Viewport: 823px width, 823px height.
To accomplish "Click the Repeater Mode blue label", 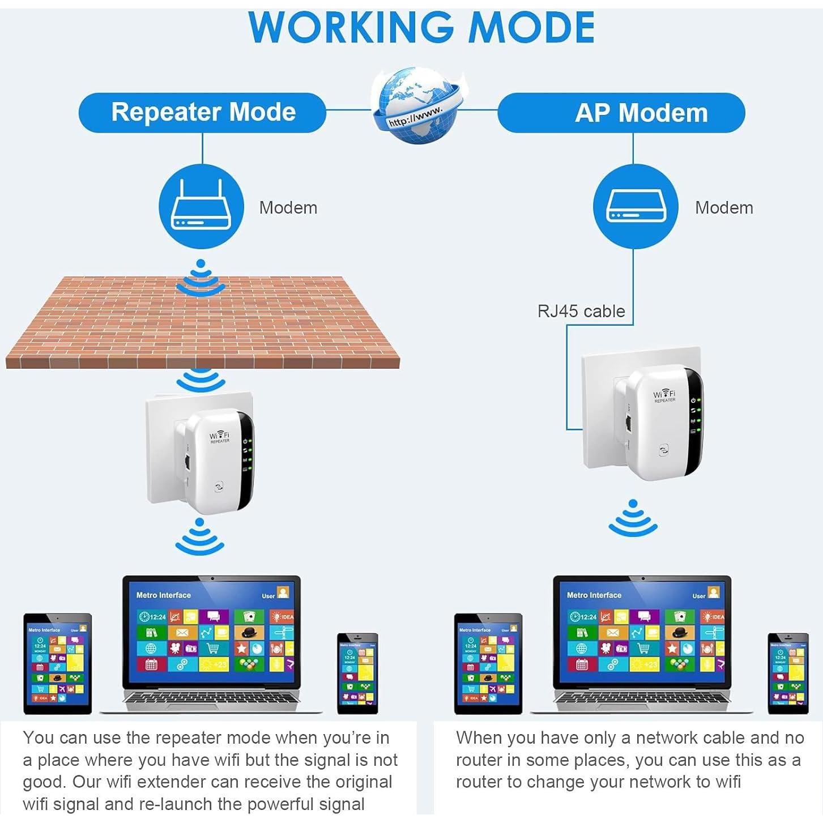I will tap(202, 112).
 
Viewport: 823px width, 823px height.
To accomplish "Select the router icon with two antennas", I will tap(201, 207).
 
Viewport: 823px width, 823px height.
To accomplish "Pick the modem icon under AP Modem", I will tap(635, 207).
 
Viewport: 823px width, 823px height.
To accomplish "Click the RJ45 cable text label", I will tap(581, 311).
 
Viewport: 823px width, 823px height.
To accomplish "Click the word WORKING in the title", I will tap(351, 27).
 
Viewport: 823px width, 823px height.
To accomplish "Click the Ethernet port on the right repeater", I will tap(629, 422).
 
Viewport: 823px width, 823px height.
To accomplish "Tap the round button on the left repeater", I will tap(219, 486).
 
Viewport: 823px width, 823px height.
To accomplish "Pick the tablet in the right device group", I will tap(488, 663).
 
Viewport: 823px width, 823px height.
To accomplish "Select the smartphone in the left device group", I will tap(357, 673).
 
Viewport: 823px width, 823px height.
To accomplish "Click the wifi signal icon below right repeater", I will tap(633, 518).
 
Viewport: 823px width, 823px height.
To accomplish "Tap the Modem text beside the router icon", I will tap(288, 208).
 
